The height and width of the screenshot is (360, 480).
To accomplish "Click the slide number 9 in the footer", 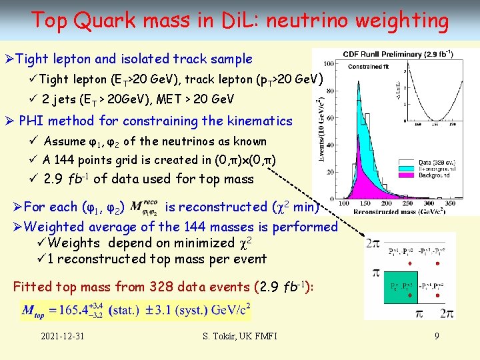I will click(x=437, y=336).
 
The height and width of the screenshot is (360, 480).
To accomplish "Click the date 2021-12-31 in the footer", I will click(x=62, y=336).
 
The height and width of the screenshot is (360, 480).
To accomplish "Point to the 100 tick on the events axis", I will click(x=331, y=62).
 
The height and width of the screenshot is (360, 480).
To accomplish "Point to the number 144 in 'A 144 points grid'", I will click(x=67, y=160).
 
